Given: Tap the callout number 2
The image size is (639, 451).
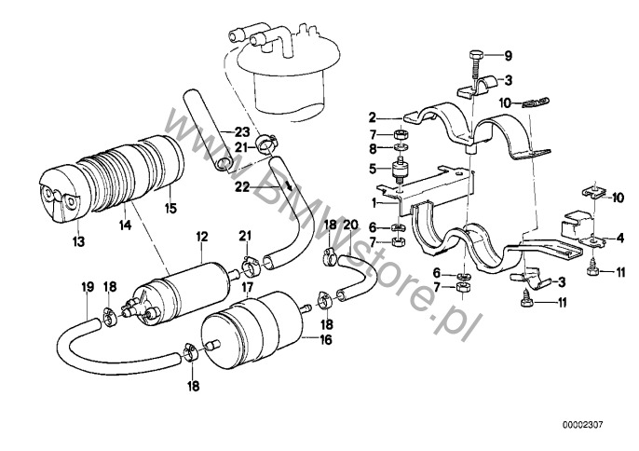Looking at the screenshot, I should click(372, 118).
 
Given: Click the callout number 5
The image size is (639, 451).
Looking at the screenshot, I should click(372, 169).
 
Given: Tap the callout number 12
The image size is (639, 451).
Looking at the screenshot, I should click(198, 239).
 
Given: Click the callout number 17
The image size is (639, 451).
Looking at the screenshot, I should click(249, 288).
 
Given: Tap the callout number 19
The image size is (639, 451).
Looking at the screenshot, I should click(86, 287).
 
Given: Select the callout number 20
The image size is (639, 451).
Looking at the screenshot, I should click(350, 225).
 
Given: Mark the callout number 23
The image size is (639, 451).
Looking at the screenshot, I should click(242, 131).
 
